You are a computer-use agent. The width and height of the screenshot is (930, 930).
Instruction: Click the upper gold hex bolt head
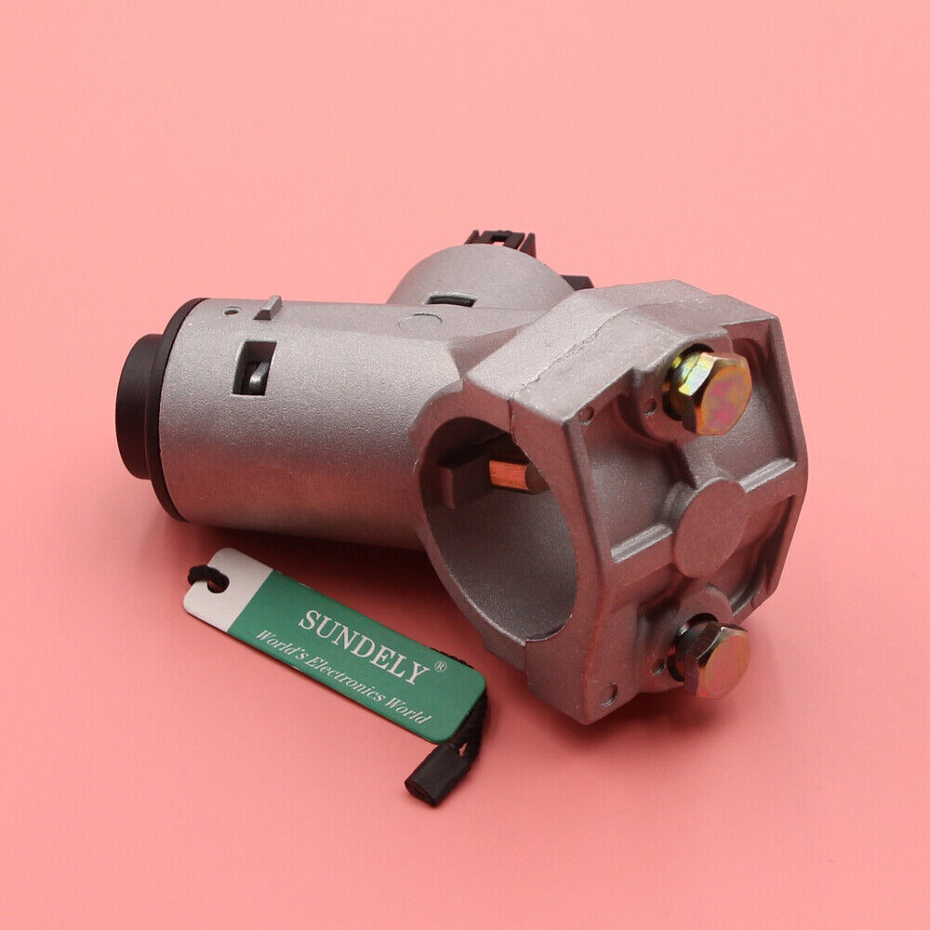tap(709, 391)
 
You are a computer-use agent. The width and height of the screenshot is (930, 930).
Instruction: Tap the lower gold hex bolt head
tap(712, 658)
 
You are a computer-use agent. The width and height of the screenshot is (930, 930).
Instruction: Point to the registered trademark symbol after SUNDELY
tap(441, 667)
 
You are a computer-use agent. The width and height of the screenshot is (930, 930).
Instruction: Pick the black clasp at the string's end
tap(425, 783)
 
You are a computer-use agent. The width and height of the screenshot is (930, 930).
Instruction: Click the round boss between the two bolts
tap(710, 527)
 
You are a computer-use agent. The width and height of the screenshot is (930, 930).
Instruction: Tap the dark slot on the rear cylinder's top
tap(451, 299)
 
